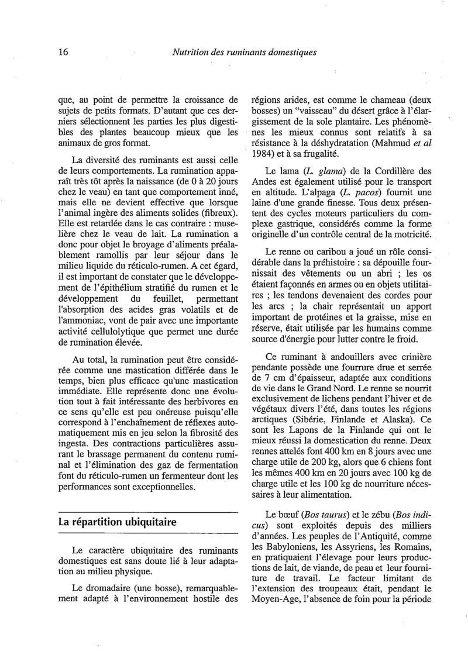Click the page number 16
(x=64, y=52)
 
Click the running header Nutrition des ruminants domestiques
(x=245, y=52)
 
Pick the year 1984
(x=262, y=154)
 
